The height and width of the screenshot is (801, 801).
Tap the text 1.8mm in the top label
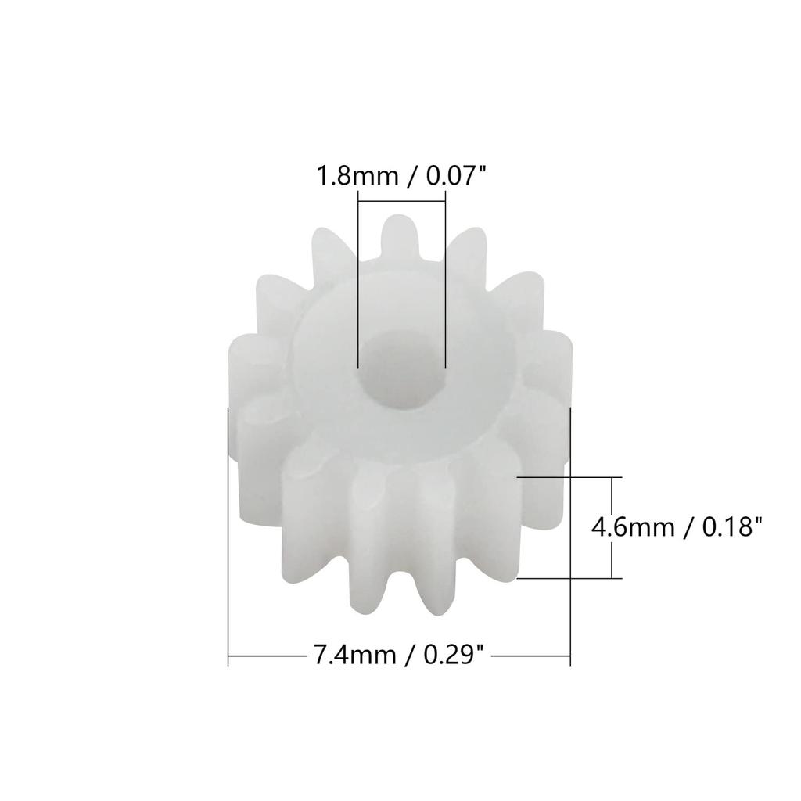click(355, 175)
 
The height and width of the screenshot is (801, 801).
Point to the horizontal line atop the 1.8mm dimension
click(400, 201)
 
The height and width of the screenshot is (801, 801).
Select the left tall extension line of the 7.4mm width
click(228, 548)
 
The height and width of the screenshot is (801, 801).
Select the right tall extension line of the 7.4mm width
click(571, 548)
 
